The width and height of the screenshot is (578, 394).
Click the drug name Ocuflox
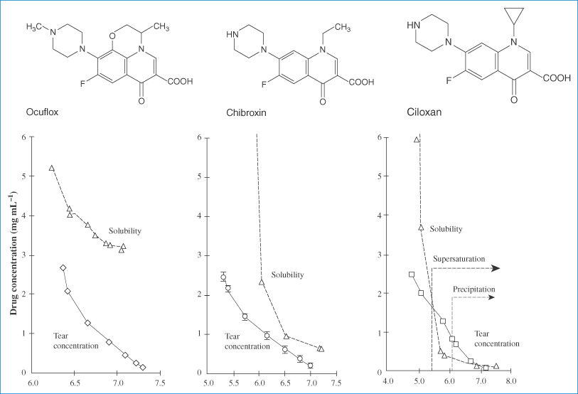coord(42,112)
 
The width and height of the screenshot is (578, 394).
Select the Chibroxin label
coord(246,112)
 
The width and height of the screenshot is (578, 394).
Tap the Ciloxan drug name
coord(424,112)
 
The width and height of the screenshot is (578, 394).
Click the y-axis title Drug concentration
coord(14,253)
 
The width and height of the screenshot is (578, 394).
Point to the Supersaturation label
coord(459,259)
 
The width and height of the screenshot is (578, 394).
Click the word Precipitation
coord(474,289)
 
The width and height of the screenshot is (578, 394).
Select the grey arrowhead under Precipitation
coord(491,297)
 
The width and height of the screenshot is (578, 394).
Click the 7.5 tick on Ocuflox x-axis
coord(160,383)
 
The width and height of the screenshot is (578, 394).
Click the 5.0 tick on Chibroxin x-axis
coord(208,383)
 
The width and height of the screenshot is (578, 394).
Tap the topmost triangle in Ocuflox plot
coord(52,168)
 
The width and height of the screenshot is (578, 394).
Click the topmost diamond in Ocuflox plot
coord(63,268)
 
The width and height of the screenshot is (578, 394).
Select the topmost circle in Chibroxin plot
coord(223,277)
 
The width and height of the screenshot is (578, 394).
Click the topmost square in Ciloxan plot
coord(412,275)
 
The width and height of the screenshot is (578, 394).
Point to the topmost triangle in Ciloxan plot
coord(417,139)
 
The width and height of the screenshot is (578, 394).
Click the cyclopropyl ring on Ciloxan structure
coord(514,15)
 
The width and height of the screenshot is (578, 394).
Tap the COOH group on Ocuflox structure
coord(181,81)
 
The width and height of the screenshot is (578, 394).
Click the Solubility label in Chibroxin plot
coord(287,275)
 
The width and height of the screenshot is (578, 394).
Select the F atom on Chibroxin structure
coord(264,85)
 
